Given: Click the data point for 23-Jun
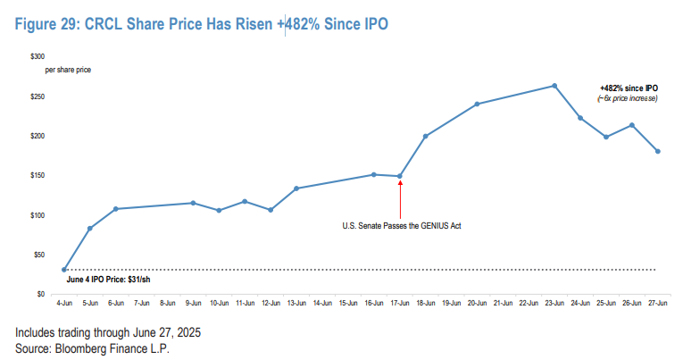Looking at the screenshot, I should click(554, 86).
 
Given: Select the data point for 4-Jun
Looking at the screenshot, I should click(63, 270).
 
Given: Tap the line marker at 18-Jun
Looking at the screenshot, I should click(426, 136).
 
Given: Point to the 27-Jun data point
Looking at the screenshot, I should click(658, 151).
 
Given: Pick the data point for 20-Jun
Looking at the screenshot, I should click(477, 104).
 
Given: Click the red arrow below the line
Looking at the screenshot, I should click(400, 197).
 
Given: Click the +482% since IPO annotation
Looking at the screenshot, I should click(629, 88).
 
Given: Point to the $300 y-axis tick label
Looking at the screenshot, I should click(37, 56).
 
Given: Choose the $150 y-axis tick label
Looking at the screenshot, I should click(37, 175).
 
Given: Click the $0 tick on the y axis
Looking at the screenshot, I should click(40, 294).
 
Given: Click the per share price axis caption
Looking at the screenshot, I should click(68, 69).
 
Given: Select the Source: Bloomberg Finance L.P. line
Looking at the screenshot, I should click(92, 347).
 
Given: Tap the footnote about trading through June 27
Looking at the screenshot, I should click(108, 332).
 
